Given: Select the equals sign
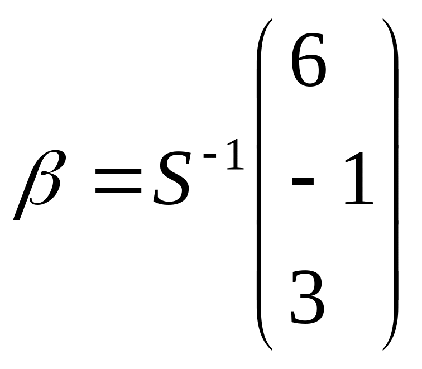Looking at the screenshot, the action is pyautogui.click(x=118, y=182).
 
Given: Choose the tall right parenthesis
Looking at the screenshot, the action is pyautogui.click(x=392, y=184).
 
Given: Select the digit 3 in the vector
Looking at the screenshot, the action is pyautogui.click(x=307, y=297).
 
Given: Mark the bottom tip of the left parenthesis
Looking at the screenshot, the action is pyautogui.click(x=271, y=349).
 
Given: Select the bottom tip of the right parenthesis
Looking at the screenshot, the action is pyautogui.click(x=384, y=349).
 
